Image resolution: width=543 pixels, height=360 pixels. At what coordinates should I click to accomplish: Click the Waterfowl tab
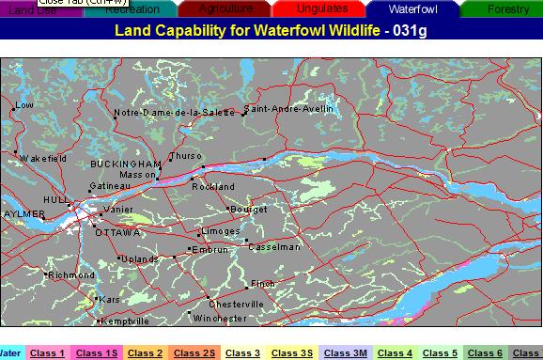(x=412, y=9)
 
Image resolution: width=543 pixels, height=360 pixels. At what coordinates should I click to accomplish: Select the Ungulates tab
(x=321, y=9)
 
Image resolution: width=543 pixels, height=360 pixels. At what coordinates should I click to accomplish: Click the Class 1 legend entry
(x=47, y=352)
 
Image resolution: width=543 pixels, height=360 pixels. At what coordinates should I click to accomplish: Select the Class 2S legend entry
(x=194, y=352)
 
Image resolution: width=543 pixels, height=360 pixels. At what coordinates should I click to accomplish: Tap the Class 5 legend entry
(x=441, y=352)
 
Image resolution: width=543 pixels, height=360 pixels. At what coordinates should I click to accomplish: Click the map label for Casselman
(x=275, y=247)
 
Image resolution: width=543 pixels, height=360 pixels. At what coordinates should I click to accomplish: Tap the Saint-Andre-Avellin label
(x=289, y=109)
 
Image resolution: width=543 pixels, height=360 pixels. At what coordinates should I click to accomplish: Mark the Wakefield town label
(x=43, y=159)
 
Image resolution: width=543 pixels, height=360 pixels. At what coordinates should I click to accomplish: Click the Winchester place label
(x=220, y=319)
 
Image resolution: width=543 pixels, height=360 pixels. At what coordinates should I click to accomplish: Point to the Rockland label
(x=213, y=187)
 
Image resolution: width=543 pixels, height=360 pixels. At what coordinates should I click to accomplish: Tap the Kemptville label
(x=125, y=321)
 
